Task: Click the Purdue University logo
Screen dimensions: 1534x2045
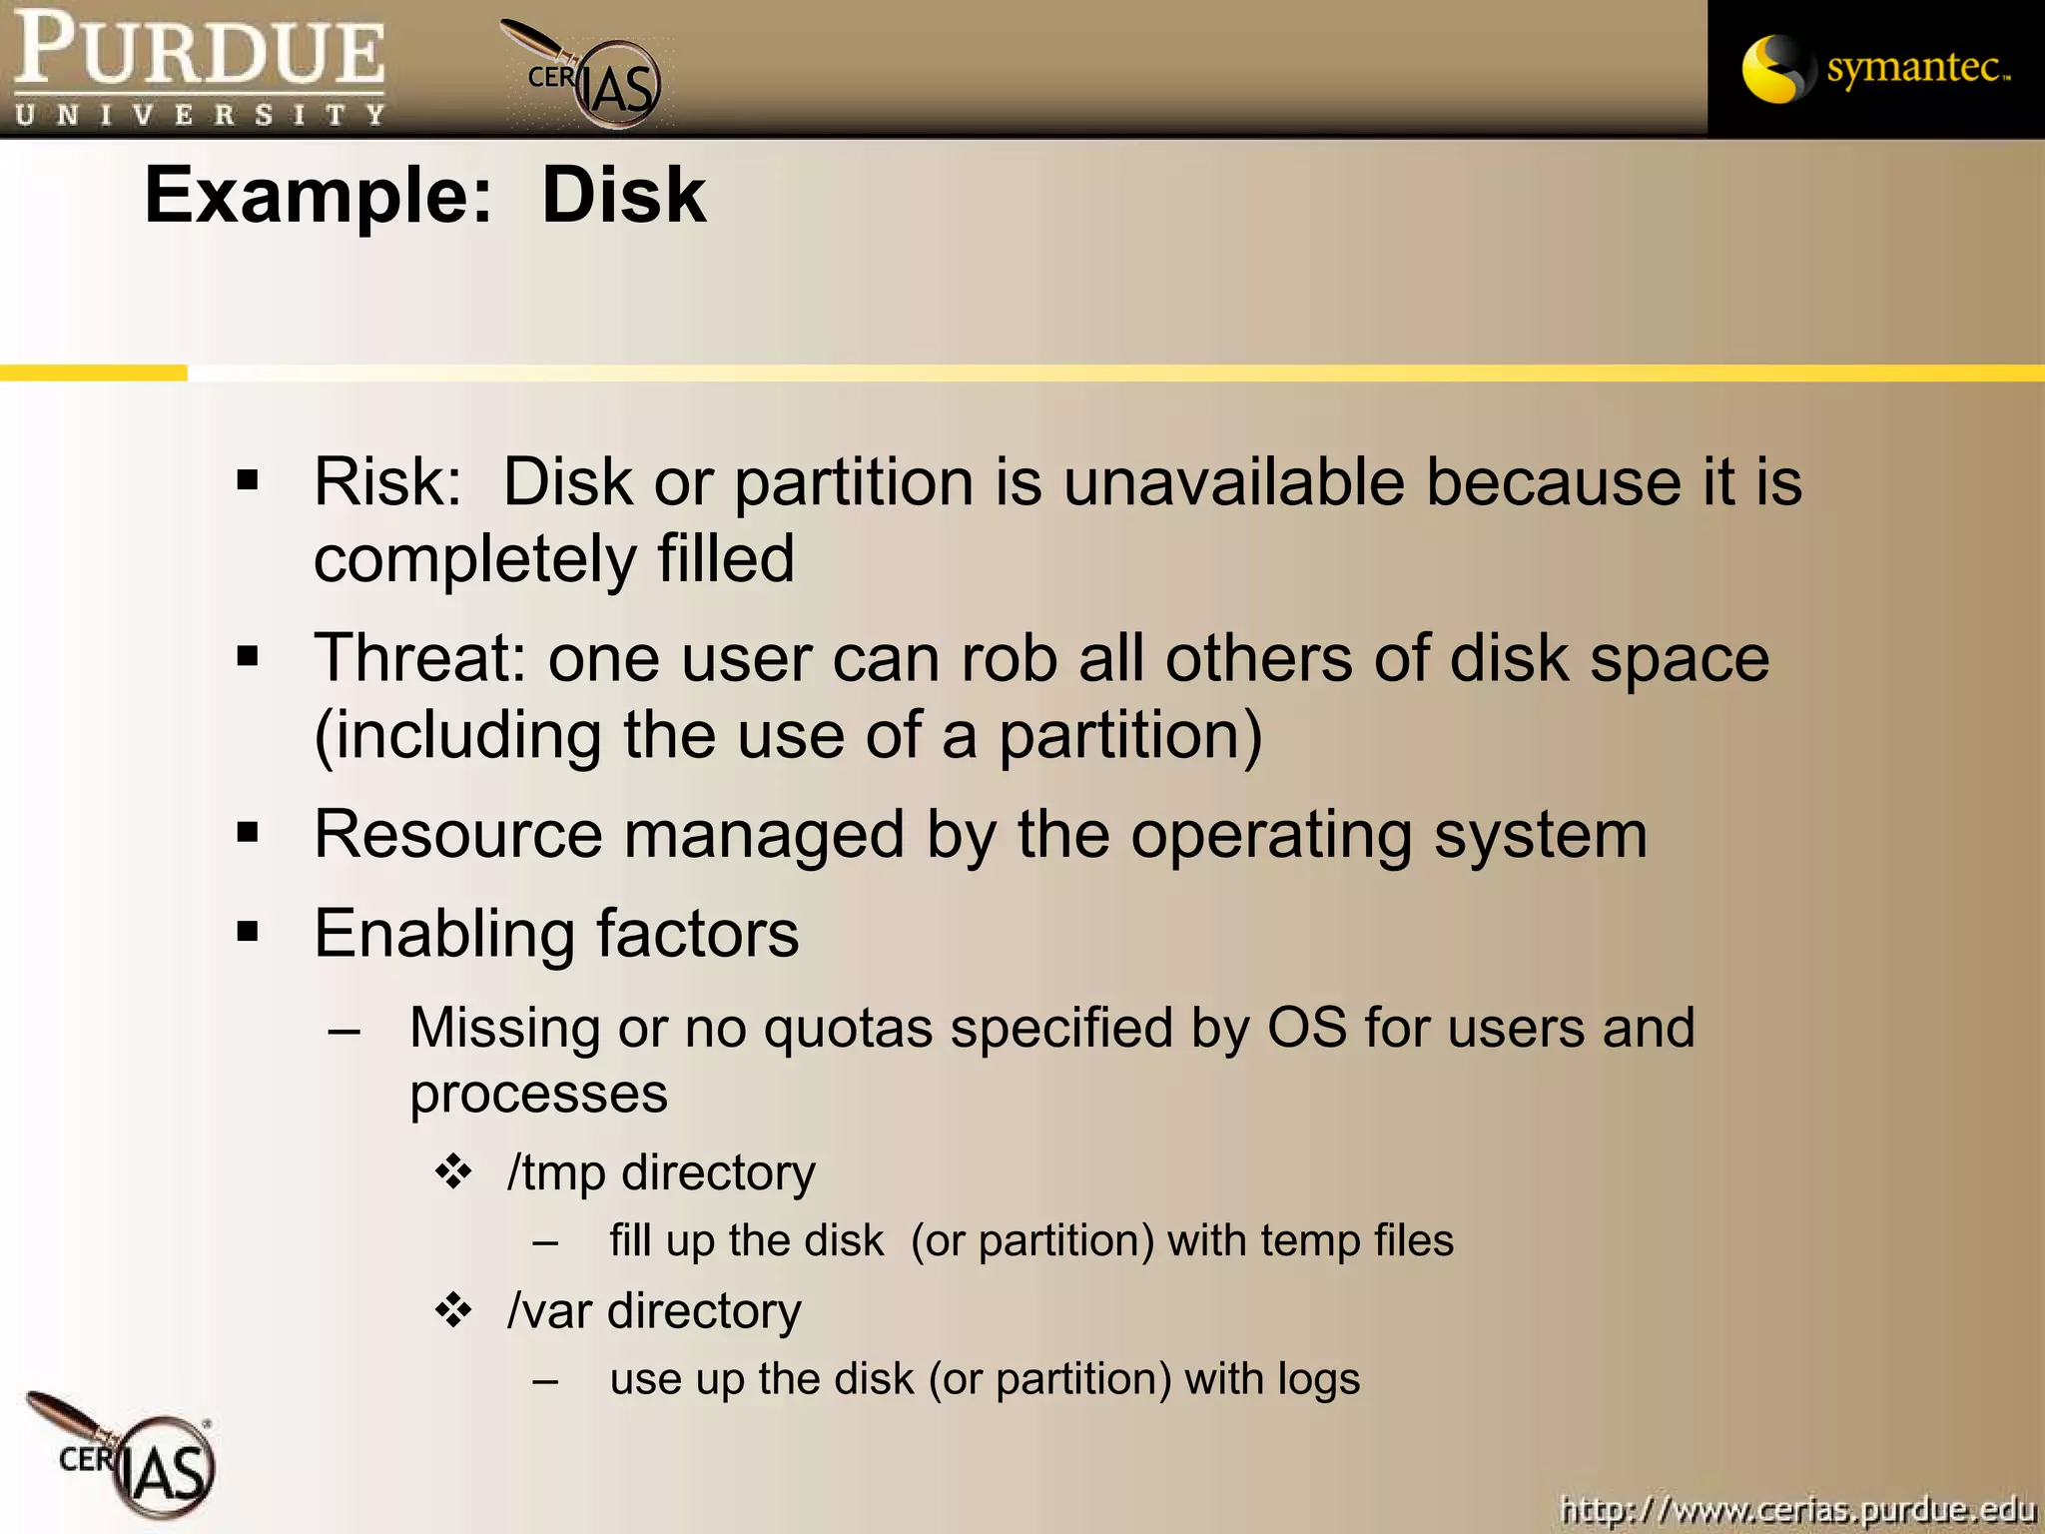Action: [x=200, y=68]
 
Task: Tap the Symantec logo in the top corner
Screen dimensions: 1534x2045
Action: [x=1875, y=68]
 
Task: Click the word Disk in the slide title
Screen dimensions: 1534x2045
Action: [x=623, y=195]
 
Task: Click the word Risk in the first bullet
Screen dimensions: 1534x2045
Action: [x=385, y=482]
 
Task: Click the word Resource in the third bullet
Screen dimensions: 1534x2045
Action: [x=457, y=835]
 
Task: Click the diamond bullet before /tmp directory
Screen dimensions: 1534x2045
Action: [x=453, y=1171]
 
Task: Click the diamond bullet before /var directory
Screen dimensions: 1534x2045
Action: [x=453, y=1309]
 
